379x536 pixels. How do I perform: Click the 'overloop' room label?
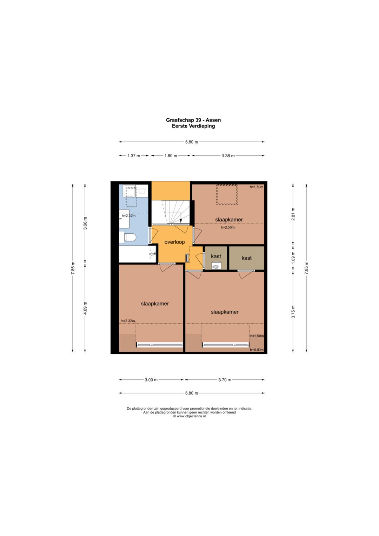pos(174,242)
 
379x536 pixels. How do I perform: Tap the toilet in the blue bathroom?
pos(130,237)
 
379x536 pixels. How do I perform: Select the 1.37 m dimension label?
pos(134,156)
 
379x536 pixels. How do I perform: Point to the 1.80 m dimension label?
pos(171,156)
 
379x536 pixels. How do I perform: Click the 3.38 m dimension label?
pos(228,156)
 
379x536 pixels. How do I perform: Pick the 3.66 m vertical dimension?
pos(85,223)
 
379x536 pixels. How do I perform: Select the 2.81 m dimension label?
pos(293,214)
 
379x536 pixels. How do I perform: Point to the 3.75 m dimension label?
pos(293,312)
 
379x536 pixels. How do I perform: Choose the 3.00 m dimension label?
pos(151,380)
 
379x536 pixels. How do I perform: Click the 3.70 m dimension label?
pos(225,380)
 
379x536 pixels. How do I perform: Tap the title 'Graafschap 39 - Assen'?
pos(193,120)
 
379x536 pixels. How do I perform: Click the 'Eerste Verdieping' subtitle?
pos(193,126)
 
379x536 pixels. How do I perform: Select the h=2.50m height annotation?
pos(228,227)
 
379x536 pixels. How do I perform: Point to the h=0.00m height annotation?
pos(257,350)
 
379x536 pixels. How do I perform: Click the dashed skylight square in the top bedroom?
pos(227,194)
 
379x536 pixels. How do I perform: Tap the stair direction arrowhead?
pos(181,221)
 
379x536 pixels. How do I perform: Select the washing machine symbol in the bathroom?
pos(142,191)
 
